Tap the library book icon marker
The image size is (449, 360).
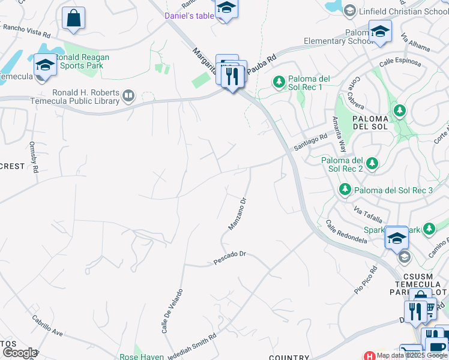pos(128,95)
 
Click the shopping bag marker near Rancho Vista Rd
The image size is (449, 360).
pos(73,19)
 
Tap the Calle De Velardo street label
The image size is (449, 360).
pos(172,311)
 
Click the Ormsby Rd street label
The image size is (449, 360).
pos(34,157)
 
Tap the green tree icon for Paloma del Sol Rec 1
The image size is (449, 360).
pos(279,81)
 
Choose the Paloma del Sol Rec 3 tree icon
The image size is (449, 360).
pos(345,190)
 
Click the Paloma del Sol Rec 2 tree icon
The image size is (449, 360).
pos(372,163)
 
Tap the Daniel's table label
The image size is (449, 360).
pos(189,16)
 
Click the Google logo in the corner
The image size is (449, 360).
pos(20,353)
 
